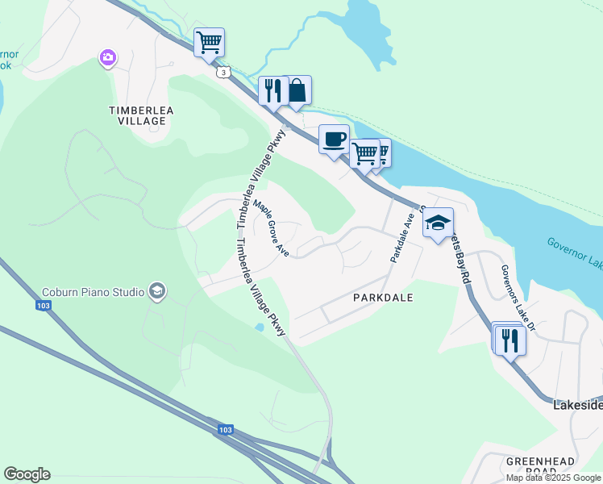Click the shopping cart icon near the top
(x=210, y=42)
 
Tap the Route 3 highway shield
(x=222, y=73)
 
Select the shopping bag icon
(x=297, y=90)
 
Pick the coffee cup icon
(x=335, y=140)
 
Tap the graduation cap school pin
(x=438, y=223)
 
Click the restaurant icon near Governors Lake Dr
(x=510, y=339)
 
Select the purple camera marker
(x=108, y=57)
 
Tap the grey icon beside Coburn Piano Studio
(x=156, y=291)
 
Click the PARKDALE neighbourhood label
(x=383, y=298)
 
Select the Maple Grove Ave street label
(x=272, y=227)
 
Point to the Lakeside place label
(x=577, y=407)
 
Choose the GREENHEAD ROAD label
(x=540, y=466)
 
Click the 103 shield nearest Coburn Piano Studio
(x=43, y=306)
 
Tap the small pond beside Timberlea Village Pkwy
(x=258, y=328)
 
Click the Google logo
(x=27, y=474)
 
